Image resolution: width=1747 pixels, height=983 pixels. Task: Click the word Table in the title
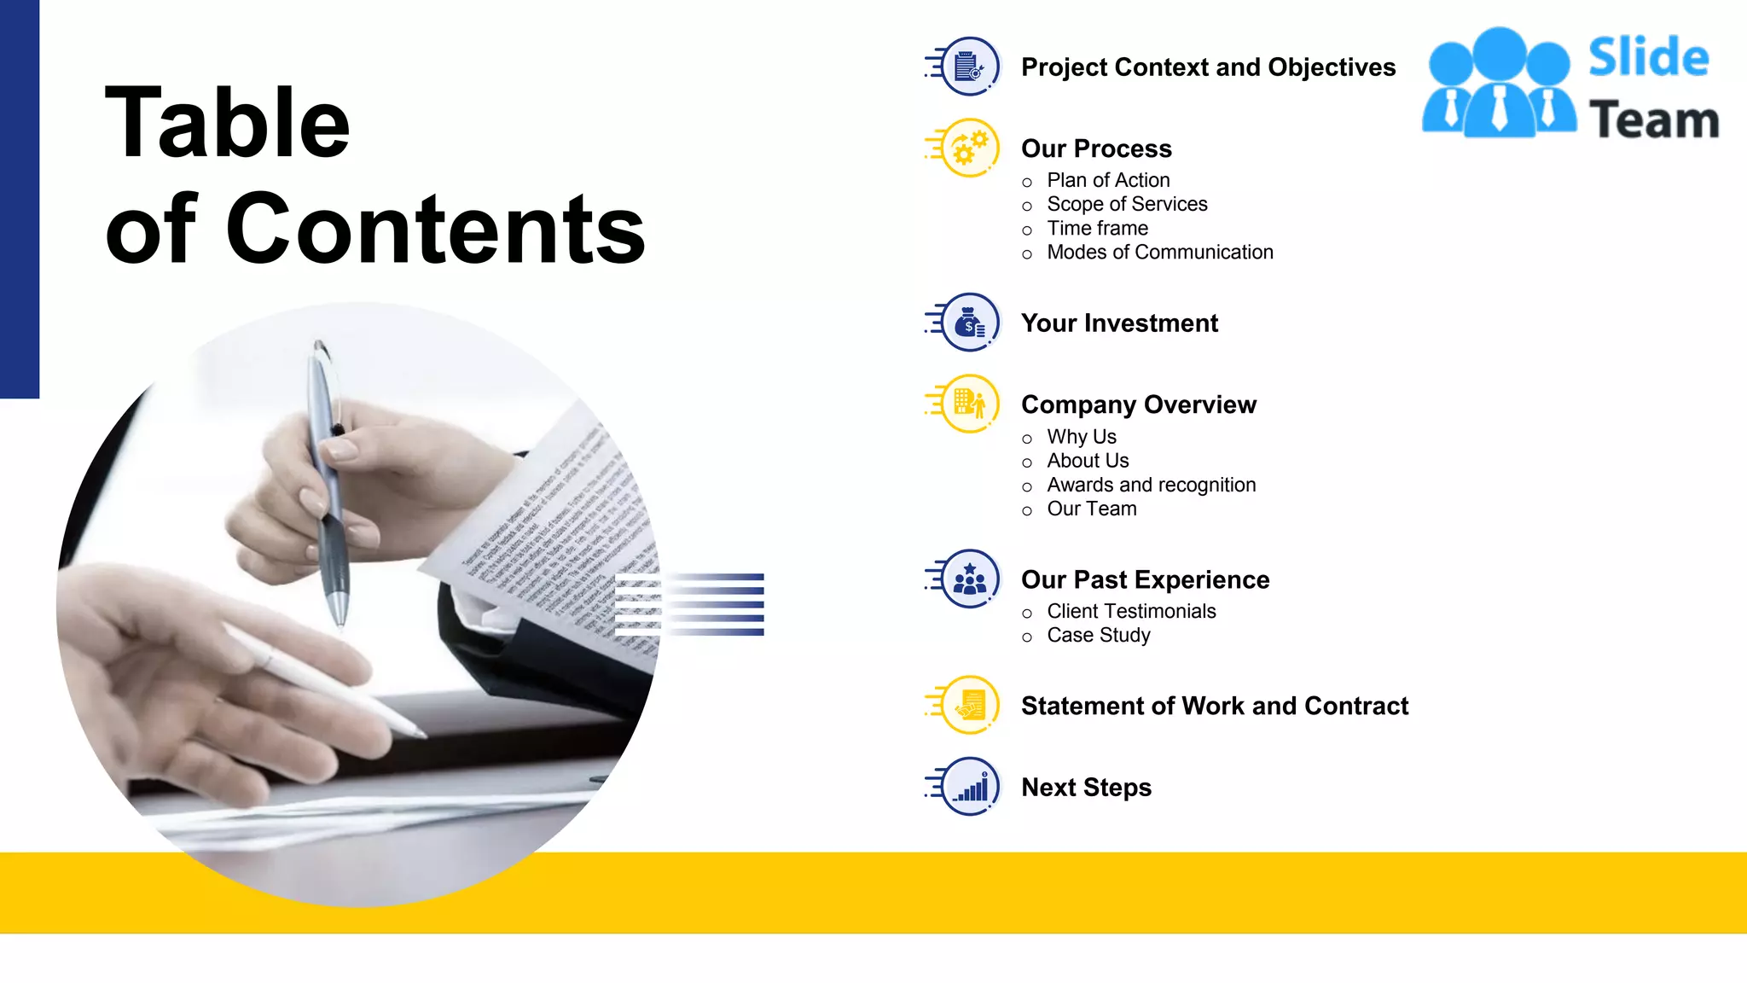(227, 123)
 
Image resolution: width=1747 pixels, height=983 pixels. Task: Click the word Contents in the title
(435, 229)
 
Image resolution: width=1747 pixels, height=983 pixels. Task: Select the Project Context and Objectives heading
(1208, 67)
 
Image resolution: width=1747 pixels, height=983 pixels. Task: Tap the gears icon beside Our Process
(970, 148)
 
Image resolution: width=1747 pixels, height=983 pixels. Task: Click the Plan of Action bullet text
(1108, 180)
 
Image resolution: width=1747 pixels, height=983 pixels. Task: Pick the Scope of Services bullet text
(1127, 204)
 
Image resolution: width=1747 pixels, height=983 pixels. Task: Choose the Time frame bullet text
(1097, 228)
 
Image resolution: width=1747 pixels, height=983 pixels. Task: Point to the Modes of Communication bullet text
(1159, 252)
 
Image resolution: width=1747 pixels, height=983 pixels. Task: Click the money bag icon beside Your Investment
(970, 323)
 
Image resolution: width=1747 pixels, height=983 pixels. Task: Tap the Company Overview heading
(1138, 404)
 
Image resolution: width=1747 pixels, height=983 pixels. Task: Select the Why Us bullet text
(1081, 436)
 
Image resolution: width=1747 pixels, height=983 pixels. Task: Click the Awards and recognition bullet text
(1151, 485)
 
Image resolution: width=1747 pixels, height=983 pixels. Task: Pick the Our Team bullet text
(1091, 509)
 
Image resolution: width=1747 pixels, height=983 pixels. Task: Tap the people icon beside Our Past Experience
(970, 579)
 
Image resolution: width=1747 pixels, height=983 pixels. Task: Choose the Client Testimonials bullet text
(1131, 611)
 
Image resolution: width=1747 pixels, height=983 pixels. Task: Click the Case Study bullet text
(1098, 635)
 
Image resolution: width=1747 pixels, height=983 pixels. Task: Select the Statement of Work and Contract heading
(1214, 706)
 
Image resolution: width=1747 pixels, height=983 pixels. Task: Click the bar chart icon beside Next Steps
(970, 787)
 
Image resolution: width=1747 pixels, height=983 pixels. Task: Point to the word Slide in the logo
(1648, 58)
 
